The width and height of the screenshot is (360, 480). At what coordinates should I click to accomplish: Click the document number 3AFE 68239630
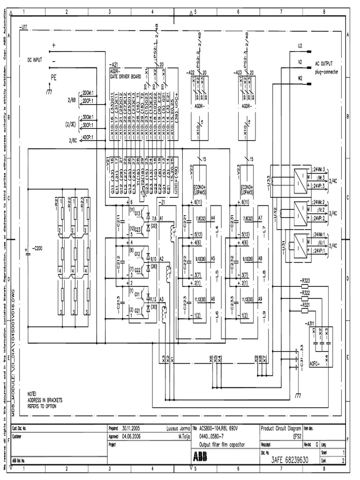[x=290, y=461]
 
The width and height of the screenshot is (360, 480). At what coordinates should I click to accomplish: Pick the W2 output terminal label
[x=300, y=77]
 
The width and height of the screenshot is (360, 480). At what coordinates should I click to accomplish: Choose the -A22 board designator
[x=191, y=72]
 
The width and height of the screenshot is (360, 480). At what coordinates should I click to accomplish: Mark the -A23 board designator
[x=237, y=72]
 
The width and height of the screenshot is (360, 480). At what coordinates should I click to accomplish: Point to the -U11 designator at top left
[x=24, y=28]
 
